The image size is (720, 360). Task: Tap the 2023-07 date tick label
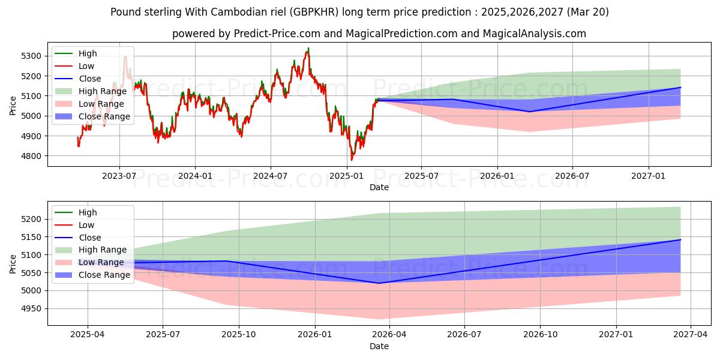click(119, 175)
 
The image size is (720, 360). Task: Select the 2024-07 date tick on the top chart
click(271, 175)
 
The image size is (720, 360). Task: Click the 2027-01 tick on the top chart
click(649, 175)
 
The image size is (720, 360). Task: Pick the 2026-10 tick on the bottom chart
click(540, 334)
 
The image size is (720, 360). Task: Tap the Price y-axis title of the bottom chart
click(13, 263)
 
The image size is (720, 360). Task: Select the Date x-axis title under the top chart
click(379, 187)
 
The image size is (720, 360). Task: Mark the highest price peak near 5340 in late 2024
click(308, 48)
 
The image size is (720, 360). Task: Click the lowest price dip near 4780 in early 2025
click(352, 160)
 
